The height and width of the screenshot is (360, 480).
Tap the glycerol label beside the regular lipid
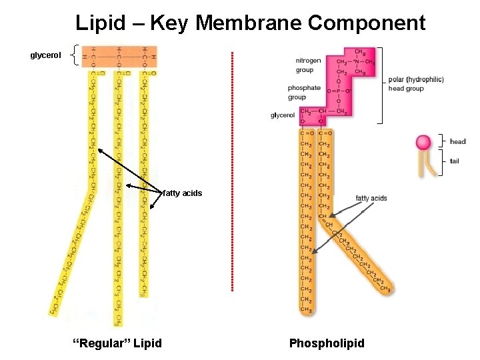tap(45, 55)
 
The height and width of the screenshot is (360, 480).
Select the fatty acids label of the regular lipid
tap(183, 193)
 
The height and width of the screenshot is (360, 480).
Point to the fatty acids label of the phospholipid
tap(371, 198)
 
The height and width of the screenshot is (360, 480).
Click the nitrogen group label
tap(308, 65)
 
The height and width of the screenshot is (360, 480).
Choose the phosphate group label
tap(304, 92)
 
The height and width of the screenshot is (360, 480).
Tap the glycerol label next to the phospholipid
tap(283, 115)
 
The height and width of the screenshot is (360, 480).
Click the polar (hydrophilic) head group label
tap(415, 83)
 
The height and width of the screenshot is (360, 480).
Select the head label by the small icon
tap(458, 141)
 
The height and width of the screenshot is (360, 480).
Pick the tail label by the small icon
tap(455, 161)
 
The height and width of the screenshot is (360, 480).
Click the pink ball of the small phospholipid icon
tap(423, 142)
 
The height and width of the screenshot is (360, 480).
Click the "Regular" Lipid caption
tap(117, 343)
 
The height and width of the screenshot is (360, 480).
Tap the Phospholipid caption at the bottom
tap(327, 343)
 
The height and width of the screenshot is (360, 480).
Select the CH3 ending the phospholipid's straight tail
tap(307, 309)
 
